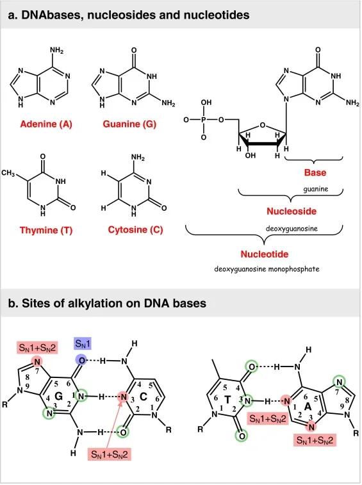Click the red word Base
tap(315, 173)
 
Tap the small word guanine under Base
tap(315, 189)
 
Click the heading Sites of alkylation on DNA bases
tap(106, 303)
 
